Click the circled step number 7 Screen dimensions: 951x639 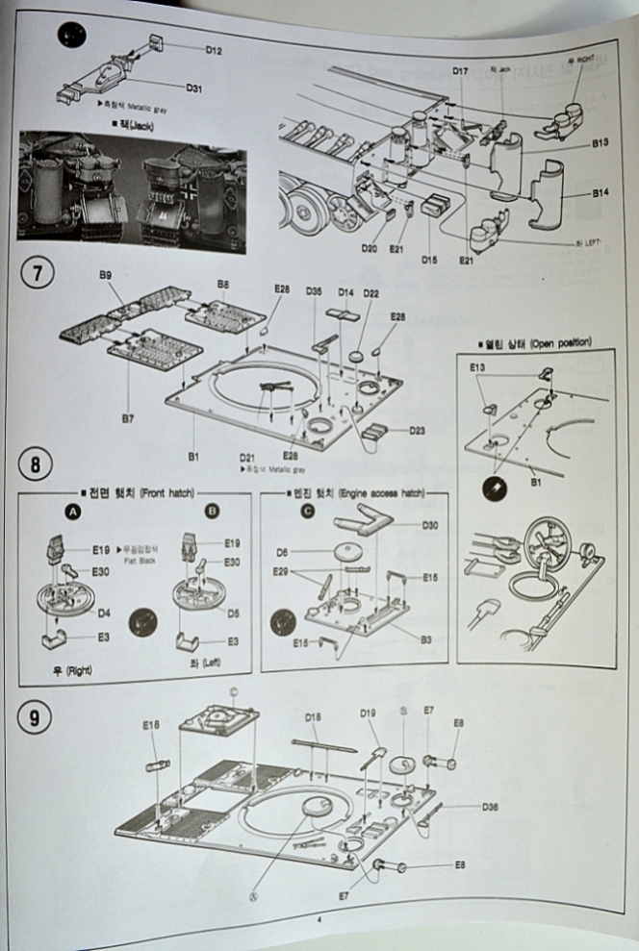tap(36, 272)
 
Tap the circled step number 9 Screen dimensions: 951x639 tap(36, 720)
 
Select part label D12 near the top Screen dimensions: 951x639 tap(214, 49)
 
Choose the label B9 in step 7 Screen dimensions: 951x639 tap(105, 275)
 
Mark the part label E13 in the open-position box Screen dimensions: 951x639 tap(478, 366)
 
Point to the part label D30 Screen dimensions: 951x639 tap(431, 525)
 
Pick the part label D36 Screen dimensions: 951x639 tap(490, 807)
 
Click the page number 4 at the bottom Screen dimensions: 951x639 tap(319, 918)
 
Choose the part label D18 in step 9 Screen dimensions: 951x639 tap(313, 716)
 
